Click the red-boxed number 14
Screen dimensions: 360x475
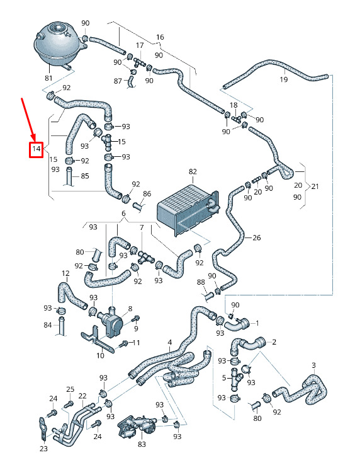point(36,149)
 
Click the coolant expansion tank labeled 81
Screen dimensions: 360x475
point(60,45)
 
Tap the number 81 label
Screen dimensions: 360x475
point(48,78)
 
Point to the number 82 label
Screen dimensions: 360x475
point(193,172)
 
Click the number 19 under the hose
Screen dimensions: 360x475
point(283,79)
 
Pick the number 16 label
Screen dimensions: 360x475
point(160,37)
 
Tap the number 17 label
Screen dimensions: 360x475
point(140,45)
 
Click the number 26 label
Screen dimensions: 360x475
point(257,237)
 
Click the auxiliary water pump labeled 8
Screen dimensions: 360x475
point(110,323)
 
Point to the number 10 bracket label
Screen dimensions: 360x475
point(101,355)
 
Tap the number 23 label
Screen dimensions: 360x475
point(43,449)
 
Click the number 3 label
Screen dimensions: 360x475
point(313,365)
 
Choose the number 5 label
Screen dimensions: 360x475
point(224,378)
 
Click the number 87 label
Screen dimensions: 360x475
point(118,81)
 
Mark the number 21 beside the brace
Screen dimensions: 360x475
point(315,186)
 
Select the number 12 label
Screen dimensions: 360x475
point(65,273)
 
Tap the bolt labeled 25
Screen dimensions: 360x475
point(69,404)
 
